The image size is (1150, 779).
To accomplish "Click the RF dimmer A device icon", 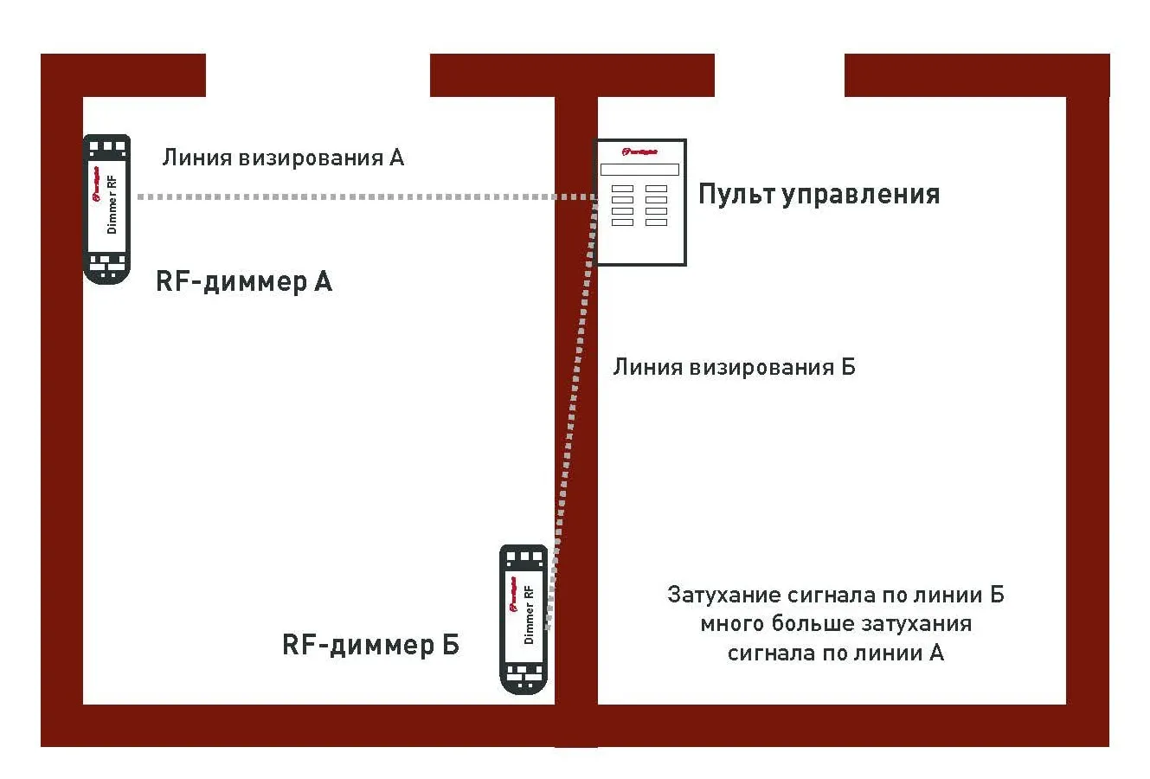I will tap(106, 208).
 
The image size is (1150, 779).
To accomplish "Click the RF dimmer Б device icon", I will tap(524, 618).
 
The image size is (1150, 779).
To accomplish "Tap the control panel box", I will tap(640, 202).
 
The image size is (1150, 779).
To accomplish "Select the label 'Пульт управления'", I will tap(819, 194).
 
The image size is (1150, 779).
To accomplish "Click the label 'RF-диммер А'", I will tap(243, 281).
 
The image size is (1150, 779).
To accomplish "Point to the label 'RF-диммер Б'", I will tap(370, 645).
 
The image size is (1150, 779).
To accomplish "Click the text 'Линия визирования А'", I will tap(283, 158).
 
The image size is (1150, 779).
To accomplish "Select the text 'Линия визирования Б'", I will tap(734, 367).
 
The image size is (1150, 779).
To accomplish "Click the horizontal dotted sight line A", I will tap(346, 197).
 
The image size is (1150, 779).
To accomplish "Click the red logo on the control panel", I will tap(639, 152).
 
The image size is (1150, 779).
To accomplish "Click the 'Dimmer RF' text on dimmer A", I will tap(112, 204).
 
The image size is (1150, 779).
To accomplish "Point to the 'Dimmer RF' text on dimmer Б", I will tap(529, 615).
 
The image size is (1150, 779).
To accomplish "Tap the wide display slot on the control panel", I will tap(639, 170).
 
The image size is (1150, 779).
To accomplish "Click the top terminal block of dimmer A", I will tap(107, 146).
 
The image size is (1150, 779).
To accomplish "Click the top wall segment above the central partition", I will tap(572, 75).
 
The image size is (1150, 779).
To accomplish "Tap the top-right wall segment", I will tap(976, 75).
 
